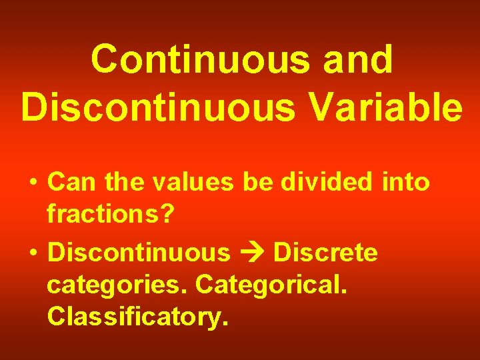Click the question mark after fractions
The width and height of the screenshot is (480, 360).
pyautogui.click(x=167, y=215)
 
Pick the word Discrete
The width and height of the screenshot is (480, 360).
pyautogui.click(x=325, y=253)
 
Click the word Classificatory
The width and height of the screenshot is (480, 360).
pyautogui.click(x=137, y=317)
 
